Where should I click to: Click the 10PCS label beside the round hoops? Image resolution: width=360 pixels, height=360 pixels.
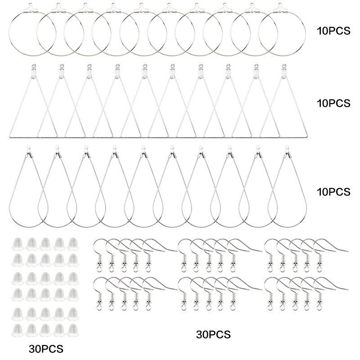coord(333,31)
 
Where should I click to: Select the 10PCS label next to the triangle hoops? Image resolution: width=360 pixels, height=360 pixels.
coord(333,103)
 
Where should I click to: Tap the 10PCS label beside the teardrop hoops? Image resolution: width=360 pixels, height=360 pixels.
coord(333,192)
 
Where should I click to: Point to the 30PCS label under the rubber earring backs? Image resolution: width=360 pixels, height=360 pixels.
coord(46,349)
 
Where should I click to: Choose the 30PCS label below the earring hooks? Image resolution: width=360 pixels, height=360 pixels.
coord(213,335)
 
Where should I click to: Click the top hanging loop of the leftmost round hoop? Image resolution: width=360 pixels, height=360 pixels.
coord(30,4)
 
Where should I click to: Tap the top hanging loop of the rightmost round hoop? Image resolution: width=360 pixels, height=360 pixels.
coord(280,4)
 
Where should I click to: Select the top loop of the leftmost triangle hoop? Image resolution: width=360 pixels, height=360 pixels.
coord(34,66)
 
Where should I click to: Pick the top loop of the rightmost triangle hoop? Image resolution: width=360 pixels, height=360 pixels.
coord(284,66)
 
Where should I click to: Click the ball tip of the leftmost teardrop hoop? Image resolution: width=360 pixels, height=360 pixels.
coord(28,147)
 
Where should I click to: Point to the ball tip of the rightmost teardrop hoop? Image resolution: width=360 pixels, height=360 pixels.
coord(287,147)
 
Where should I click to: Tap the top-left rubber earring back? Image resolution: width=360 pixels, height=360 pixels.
coord(18,244)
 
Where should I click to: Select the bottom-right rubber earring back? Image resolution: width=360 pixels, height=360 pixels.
coord(73,331)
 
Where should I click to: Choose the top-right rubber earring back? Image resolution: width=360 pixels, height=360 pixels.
coord(73,244)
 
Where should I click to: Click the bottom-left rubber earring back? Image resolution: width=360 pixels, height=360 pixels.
coord(18,331)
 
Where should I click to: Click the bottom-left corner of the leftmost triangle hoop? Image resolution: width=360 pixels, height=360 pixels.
coord(10,137)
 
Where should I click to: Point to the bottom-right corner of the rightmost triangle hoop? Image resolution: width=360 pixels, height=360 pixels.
coord(306,137)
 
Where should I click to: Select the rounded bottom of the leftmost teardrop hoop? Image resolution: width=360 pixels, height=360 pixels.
coord(28,227)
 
